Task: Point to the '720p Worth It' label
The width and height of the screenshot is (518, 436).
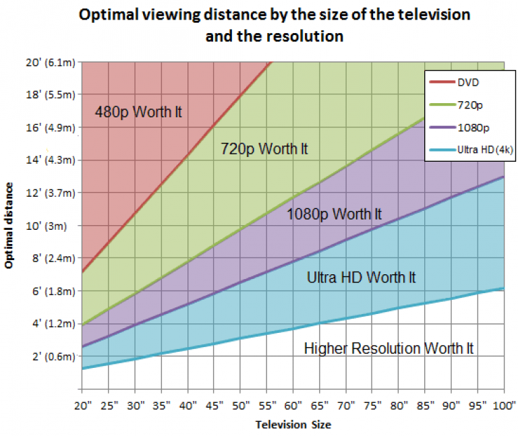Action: coord(264,149)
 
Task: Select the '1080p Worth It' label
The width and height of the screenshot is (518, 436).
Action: coord(335,214)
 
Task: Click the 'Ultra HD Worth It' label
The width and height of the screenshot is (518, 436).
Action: coord(362,277)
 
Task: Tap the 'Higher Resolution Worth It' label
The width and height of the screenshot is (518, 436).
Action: coord(389,348)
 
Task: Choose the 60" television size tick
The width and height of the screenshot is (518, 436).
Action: coord(293,405)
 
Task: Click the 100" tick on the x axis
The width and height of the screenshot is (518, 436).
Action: coord(503,405)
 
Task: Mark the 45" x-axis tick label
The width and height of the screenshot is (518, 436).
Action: coord(214,405)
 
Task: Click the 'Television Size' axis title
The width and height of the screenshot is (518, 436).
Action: coord(293,425)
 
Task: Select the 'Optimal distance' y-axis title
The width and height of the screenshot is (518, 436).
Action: coord(9,226)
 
